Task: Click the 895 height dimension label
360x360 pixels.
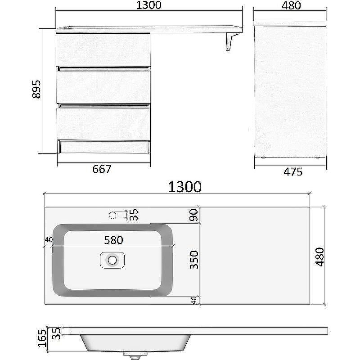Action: tap(36, 90)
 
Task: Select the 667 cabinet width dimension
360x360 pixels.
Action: tap(102, 169)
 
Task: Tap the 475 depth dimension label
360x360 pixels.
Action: tap(292, 172)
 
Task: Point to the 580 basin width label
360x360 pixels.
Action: tap(113, 240)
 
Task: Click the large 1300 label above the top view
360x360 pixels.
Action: tap(184, 186)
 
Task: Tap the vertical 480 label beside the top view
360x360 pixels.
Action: tap(320, 257)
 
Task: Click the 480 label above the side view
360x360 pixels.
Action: tap(291, 6)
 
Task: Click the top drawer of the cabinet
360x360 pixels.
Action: tap(103, 49)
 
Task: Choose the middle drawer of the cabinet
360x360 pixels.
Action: tap(103, 85)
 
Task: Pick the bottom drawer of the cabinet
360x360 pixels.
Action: tap(103, 122)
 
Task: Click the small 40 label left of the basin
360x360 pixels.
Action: tap(49, 239)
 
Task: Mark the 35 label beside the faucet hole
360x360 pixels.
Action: tap(134, 215)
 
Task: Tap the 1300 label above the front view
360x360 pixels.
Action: tap(148, 6)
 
